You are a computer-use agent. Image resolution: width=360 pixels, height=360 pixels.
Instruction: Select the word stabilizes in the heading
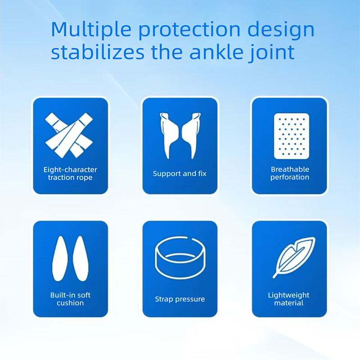[97, 52]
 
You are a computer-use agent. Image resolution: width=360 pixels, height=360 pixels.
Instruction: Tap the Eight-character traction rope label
[70, 174]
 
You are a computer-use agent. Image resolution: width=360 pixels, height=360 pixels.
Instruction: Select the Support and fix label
[180, 173]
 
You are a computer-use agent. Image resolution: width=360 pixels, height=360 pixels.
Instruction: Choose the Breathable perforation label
[290, 173]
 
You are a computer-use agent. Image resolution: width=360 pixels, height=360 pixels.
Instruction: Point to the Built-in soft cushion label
[70, 299]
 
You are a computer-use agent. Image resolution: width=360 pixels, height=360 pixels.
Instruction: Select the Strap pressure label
[180, 299]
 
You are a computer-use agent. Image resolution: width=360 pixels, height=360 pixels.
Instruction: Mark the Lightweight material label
[288, 299]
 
